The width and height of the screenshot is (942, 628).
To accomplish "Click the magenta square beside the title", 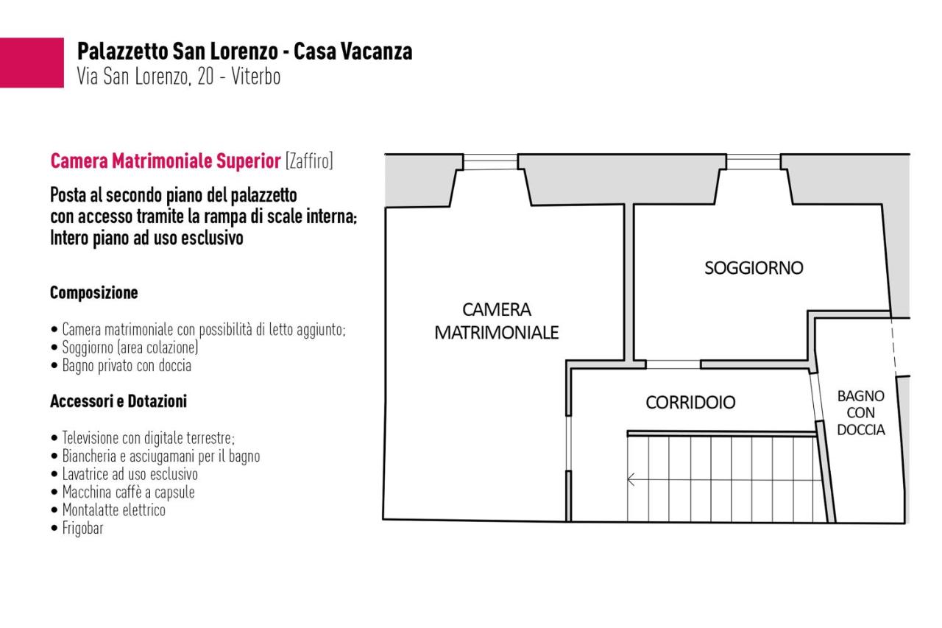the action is tap(32, 63).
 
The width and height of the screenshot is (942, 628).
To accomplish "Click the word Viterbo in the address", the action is tap(255, 77).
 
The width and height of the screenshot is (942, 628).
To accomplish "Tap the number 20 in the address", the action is tap(205, 77).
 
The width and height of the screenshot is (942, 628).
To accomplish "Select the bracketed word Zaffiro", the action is tap(309, 161).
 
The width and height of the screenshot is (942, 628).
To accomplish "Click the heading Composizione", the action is tap(93, 292).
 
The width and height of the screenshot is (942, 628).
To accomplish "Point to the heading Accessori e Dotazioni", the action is tap(118, 401).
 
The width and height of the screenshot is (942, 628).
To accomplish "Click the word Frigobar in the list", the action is tap(83, 528).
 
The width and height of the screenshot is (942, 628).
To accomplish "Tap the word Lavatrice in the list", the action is tap(85, 474).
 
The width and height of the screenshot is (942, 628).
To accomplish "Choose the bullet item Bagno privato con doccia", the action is tap(121, 365).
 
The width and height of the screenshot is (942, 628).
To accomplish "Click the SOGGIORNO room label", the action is tap(754, 268).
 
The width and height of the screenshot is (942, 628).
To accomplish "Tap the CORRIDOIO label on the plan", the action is tap(690, 403).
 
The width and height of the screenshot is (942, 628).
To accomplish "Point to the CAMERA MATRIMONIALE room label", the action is tap(496, 321).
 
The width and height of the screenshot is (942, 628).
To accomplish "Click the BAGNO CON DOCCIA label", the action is tap(861, 412).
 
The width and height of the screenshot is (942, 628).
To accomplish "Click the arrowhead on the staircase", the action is tap(631, 479).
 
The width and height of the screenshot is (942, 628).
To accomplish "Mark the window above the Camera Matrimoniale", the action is tap(490, 162).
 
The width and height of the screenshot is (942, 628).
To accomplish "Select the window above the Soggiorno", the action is tap(754, 162).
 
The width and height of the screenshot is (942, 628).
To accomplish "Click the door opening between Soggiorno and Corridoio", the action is tap(673, 364).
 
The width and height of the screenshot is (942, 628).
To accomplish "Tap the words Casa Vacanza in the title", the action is tap(353, 52).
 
